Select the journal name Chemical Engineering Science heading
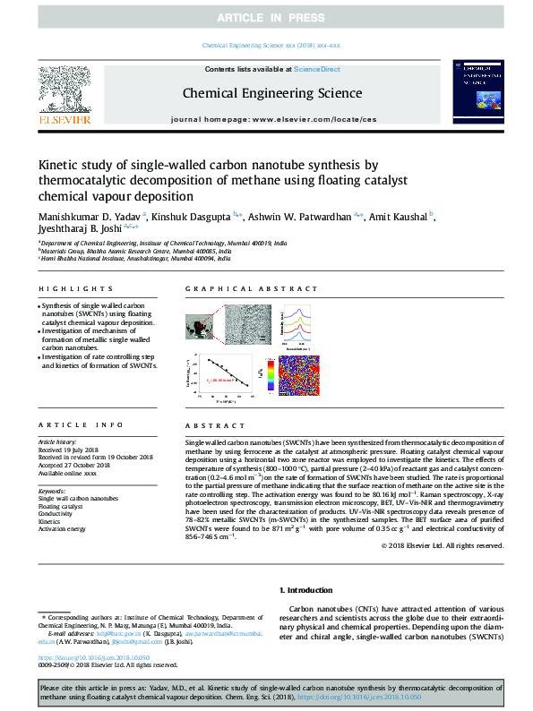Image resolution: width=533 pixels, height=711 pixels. tap(272, 94)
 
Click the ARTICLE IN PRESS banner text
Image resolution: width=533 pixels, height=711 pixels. tap(266, 18)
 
